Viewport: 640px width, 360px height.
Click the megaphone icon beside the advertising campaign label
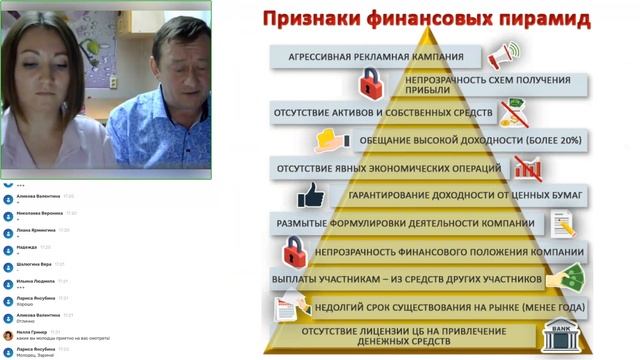coord(505,54)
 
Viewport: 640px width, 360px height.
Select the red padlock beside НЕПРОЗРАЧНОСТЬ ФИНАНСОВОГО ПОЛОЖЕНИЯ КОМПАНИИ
coord(294,250)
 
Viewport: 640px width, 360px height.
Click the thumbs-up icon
coord(311,194)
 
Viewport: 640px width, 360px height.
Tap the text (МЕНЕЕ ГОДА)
coord(538,306)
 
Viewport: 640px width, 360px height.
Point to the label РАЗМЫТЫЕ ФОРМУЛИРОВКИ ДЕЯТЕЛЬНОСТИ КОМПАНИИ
coord(404,223)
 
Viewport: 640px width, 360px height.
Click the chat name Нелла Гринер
coord(33,332)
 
